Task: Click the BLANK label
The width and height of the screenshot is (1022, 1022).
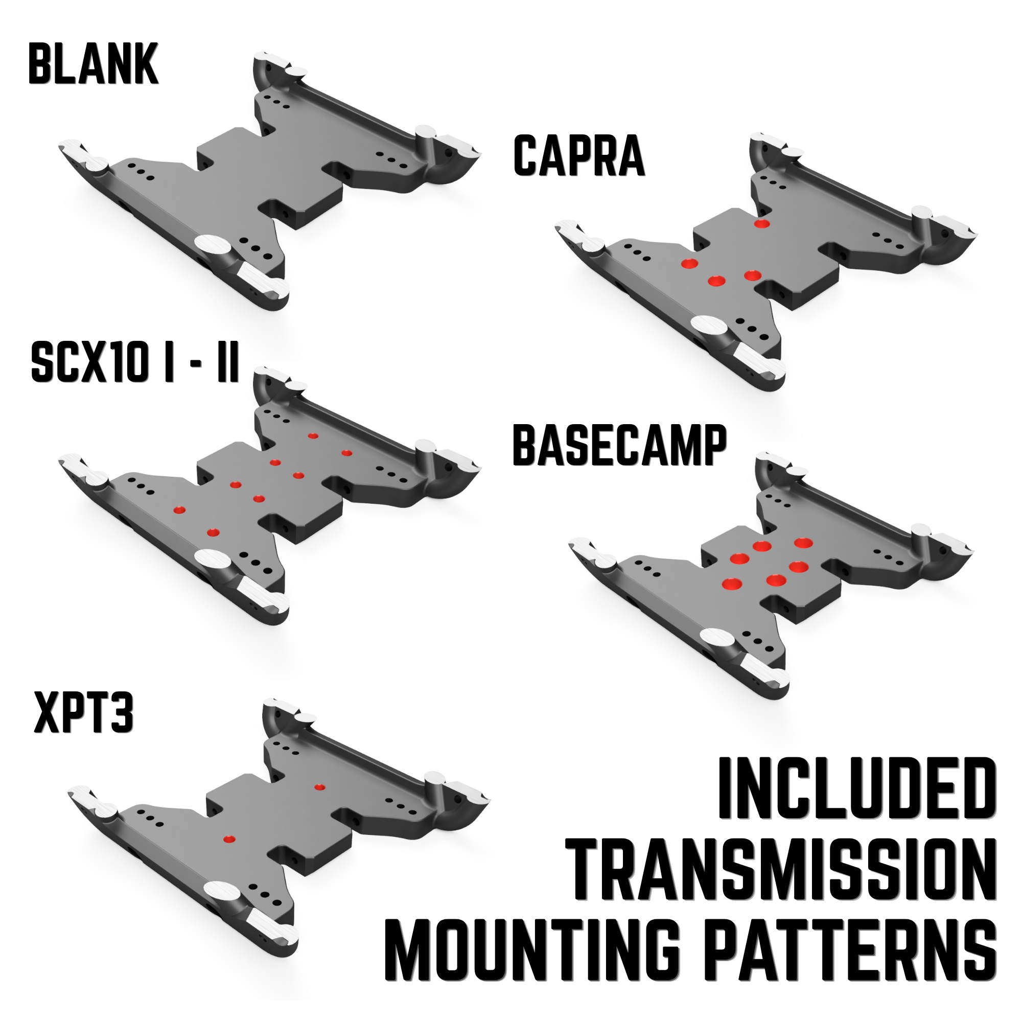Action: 94,64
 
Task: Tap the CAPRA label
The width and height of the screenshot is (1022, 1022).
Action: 579,155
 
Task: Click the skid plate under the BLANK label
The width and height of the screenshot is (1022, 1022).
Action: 270,180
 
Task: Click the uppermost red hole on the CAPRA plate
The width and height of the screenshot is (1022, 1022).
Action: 762,224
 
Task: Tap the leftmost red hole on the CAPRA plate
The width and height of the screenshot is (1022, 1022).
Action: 689,264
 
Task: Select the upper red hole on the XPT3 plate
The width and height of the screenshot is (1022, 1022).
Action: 319,787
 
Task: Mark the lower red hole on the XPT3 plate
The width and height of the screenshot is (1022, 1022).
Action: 229,839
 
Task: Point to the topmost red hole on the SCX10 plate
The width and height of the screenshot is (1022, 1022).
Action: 313,436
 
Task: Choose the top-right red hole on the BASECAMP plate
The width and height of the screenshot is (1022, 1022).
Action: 803,542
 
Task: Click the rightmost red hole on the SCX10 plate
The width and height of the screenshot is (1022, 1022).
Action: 347,453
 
